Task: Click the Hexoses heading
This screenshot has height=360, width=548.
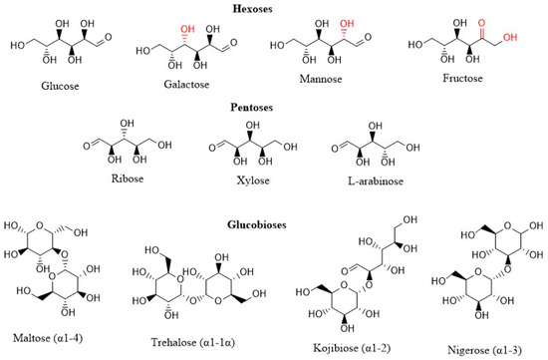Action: [275, 7]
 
